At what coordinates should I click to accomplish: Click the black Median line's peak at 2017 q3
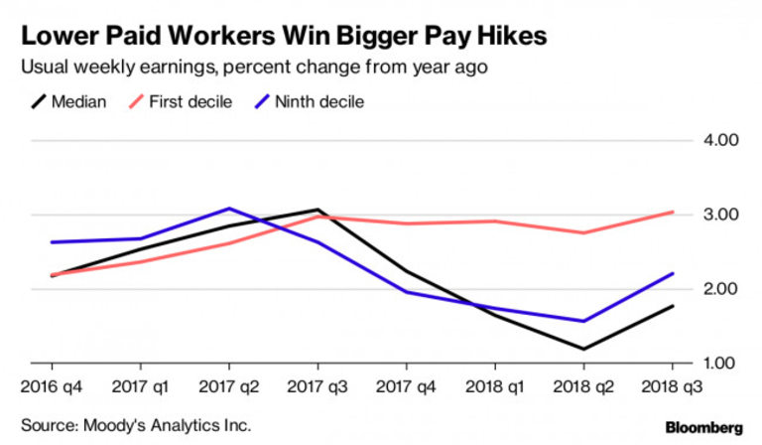[x=317, y=210]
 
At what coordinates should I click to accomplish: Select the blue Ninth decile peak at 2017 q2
[x=229, y=209]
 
